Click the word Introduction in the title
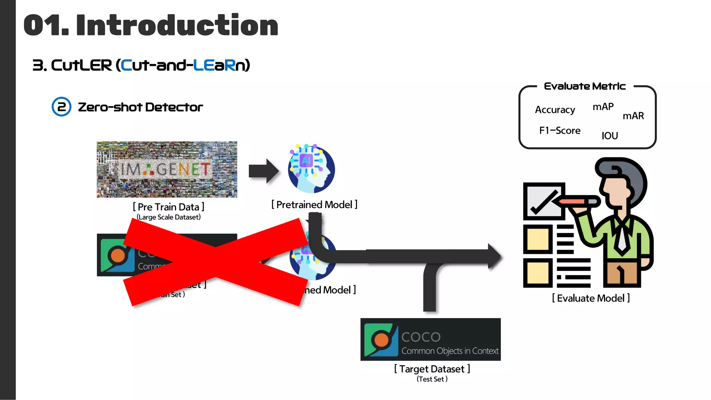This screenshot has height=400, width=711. click(177, 25)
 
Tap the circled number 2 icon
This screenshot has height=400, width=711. click(61, 107)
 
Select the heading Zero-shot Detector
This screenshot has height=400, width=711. click(140, 107)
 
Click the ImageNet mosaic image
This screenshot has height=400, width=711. click(167, 169)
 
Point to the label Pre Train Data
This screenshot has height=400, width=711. click(169, 207)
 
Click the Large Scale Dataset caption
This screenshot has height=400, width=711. click(169, 217)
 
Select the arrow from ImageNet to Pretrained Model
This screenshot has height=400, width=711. click(264, 171)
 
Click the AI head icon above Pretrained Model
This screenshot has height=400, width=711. click(311, 169)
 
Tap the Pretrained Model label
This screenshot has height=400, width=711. click(314, 205)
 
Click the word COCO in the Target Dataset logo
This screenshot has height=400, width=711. click(421, 337)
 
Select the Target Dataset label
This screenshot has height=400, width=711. click(432, 369)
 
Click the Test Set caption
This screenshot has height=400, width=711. click(432, 379)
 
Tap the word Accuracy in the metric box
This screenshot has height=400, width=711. click(555, 110)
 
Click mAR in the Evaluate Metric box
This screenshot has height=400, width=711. click(633, 116)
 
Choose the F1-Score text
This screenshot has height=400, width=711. click(560, 131)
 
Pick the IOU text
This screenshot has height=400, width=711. click(610, 136)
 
